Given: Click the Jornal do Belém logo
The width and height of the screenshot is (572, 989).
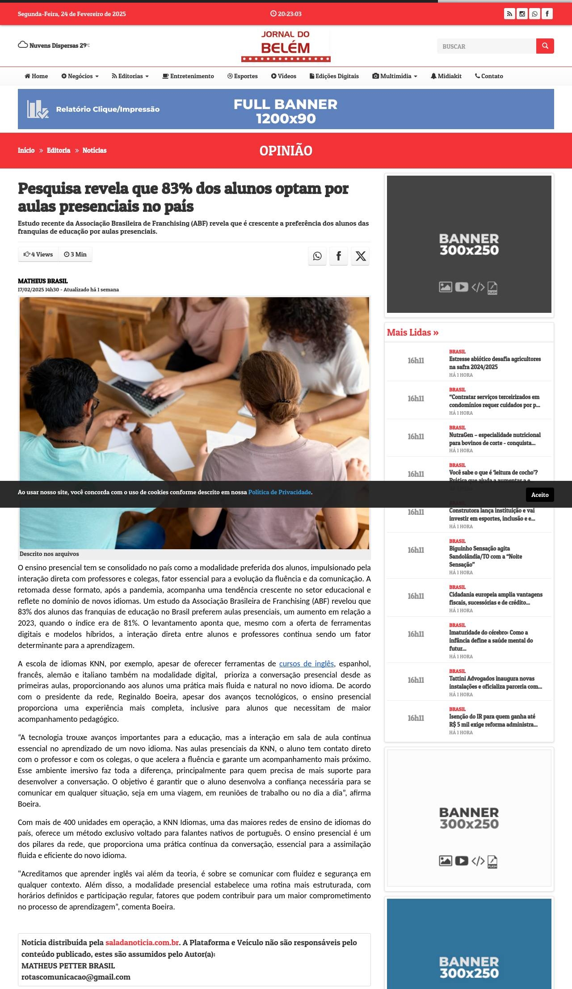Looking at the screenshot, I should (286, 46).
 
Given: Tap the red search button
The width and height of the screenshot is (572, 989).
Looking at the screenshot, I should (545, 46).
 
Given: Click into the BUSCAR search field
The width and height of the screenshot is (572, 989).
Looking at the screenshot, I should (486, 46).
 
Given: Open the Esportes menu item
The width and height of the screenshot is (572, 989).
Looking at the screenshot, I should (242, 76).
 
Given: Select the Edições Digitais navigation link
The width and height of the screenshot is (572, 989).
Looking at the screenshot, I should (334, 76).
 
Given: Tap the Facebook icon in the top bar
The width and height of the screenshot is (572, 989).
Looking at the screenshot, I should (547, 14).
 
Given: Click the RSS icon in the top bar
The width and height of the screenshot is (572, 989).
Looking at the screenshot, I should (509, 14).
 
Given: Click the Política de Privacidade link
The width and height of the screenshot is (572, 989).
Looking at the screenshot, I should (279, 492).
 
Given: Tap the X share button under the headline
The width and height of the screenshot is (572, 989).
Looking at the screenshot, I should (360, 256).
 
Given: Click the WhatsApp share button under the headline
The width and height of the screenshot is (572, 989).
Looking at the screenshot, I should (317, 256).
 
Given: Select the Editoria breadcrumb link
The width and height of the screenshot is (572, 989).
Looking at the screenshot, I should (59, 150).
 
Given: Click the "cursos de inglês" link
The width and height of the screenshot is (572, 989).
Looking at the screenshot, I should (306, 664).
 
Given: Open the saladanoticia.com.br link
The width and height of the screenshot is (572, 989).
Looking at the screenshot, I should (142, 942).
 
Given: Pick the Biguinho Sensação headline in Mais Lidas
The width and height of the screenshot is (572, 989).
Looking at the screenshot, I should (485, 556).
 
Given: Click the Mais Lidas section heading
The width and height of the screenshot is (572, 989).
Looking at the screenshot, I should (412, 332).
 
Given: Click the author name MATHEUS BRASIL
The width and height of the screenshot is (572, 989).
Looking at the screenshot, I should (43, 281).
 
